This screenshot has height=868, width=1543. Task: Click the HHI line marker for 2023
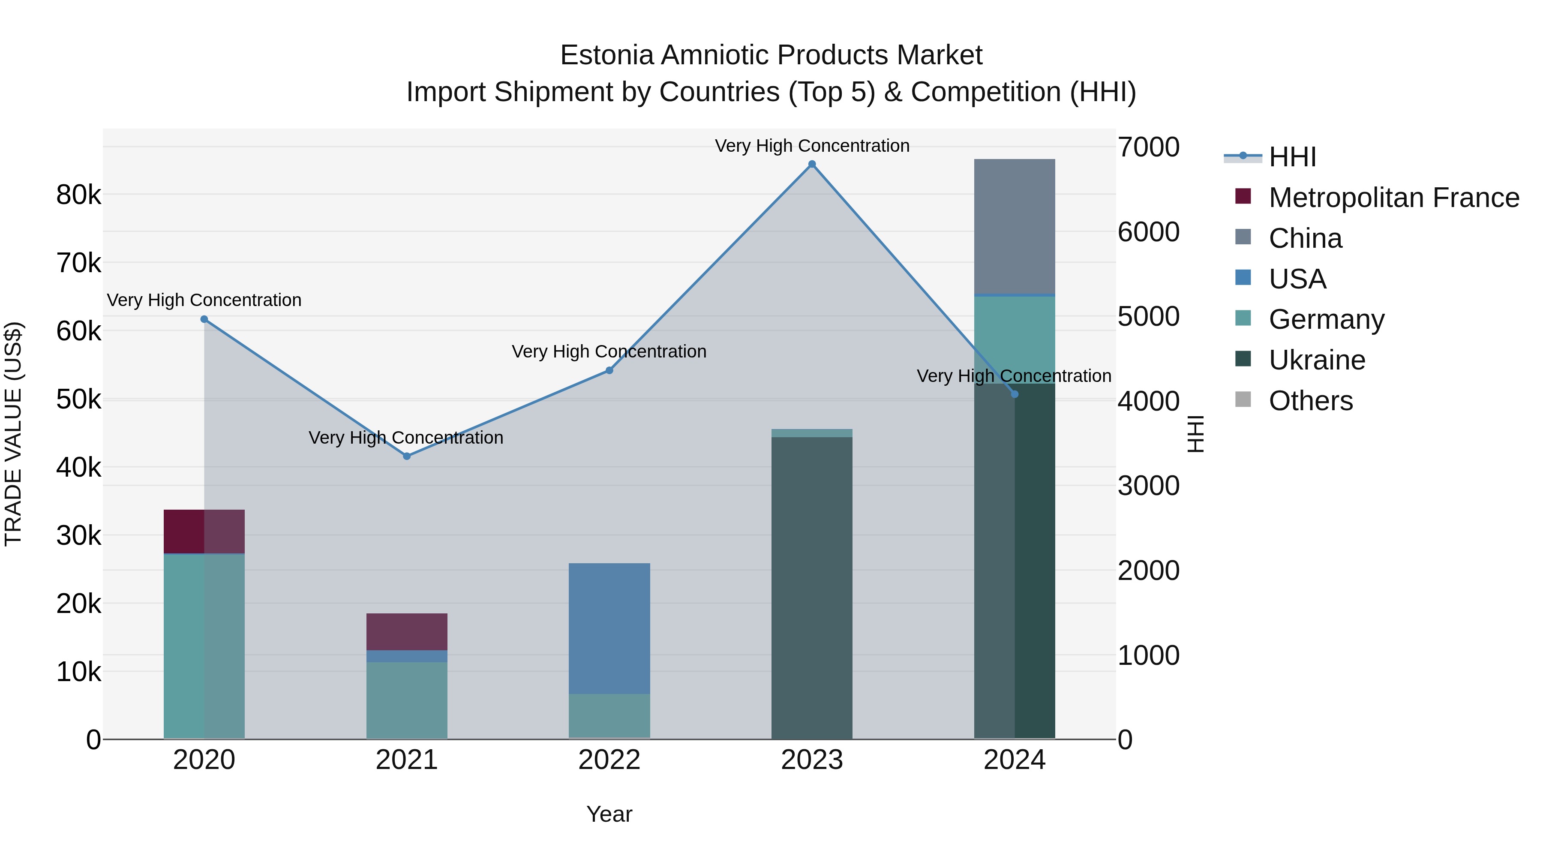click(x=812, y=164)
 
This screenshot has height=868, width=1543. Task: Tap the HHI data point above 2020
click(x=204, y=319)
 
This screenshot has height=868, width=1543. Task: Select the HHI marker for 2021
click(x=407, y=457)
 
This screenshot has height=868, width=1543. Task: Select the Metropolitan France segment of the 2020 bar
click(x=204, y=532)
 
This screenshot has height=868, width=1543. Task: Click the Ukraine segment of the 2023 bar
click(x=812, y=587)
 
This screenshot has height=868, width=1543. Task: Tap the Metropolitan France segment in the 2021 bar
click(x=407, y=631)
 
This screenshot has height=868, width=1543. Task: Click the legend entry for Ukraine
click(x=1317, y=360)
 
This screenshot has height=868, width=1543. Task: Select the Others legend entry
click(x=1311, y=401)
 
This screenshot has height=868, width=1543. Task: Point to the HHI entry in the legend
click(x=1292, y=157)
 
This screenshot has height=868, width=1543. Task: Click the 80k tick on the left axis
click(x=78, y=195)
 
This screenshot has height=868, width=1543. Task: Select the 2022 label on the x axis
click(x=609, y=760)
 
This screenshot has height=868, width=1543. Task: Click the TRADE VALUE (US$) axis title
click(x=13, y=434)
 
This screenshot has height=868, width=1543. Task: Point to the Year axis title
click(x=609, y=814)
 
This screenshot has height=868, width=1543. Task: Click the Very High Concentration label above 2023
click(x=812, y=146)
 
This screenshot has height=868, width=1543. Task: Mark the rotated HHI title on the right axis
click(x=1195, y=434)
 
